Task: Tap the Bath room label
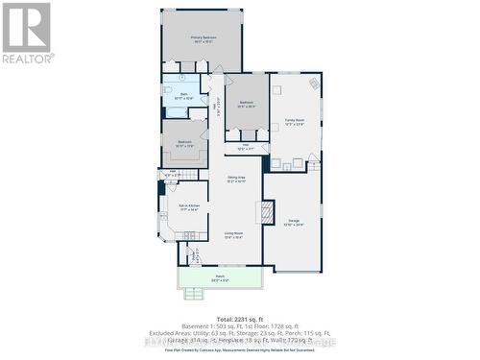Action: click(184, 95)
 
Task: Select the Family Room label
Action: click(294, 121)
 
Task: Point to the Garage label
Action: click(294, 223)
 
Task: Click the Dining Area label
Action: click(236, 179)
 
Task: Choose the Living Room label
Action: click(233, 234)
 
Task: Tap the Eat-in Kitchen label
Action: click(187, 206)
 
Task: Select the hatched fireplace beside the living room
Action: click(268, 212)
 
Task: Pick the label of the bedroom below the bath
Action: click(184, 143)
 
